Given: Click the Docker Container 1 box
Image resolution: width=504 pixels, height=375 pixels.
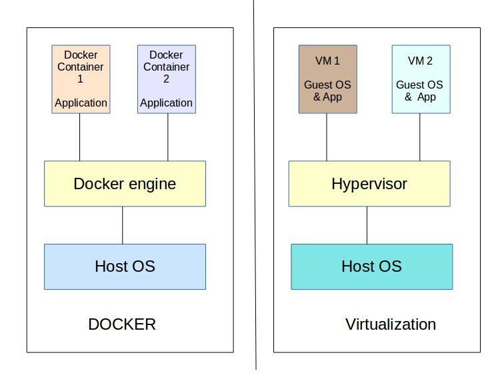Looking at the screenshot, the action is click(81, 79).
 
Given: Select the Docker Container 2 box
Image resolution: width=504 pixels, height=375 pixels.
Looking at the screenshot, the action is click(167, 79).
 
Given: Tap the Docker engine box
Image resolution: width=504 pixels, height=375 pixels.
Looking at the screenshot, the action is click(125, 184).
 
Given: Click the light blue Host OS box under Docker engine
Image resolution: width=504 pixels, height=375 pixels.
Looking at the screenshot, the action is click(125, 266).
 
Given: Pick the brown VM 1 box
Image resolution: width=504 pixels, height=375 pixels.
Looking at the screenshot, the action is click(327, 79).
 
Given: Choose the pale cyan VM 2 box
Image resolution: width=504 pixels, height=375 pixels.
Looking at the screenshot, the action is click(421, 79).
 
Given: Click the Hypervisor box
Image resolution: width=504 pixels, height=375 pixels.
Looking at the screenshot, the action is click(369, 184).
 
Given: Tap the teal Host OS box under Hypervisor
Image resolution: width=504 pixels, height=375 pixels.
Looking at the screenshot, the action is click(372, 266).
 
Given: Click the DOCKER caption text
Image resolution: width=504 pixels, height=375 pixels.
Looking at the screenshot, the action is click(122, 324).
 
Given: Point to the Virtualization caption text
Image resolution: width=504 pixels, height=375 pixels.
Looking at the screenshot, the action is click(391, 324).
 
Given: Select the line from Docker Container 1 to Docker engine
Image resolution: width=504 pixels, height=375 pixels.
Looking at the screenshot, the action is click(80, 137).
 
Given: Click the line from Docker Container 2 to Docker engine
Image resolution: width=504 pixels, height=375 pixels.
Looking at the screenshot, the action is click(168, 137).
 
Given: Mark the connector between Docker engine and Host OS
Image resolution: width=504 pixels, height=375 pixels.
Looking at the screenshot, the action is click(123, 225).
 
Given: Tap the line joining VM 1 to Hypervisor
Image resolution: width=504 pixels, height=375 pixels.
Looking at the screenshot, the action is click(327, 137).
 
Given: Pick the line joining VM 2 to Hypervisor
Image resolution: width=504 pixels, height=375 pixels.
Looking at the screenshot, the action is click(420, 137).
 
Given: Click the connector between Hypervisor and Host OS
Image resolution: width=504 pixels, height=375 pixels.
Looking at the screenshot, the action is click(367, 225).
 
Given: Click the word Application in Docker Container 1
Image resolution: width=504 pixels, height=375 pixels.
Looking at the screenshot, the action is click(81, 103).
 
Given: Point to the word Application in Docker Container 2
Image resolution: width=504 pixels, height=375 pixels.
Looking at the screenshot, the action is click(166, 103).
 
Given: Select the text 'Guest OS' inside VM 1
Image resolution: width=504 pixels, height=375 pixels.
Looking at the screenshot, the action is click(327, 85).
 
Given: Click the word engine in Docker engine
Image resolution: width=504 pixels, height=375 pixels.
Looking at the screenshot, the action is click(153, 185).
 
